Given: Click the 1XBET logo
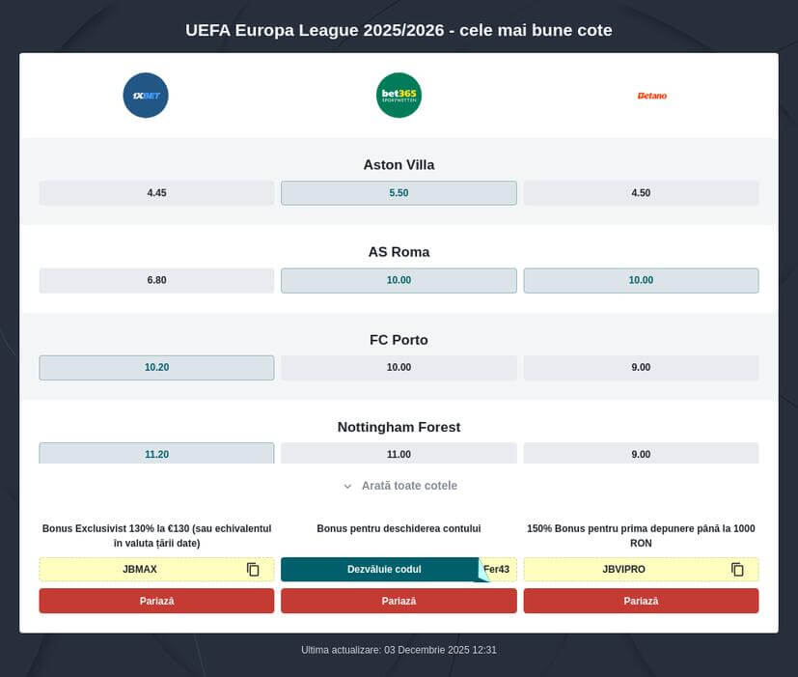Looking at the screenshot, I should tap(146, 96).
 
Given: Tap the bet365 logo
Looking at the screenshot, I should tap(399, 96).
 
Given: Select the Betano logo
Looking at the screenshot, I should tap(651, 96).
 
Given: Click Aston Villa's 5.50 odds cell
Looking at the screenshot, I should tap(399, 193).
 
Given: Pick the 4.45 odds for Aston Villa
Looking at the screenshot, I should tap(156, 193).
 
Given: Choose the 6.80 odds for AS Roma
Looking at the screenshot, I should tap(156, 280).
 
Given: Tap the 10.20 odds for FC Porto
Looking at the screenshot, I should tap(156, 368).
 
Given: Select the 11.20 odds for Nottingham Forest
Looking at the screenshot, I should tap(156, 454).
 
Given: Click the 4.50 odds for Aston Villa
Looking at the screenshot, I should tap(641, 193).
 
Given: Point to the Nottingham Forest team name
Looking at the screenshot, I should tap(399, 427).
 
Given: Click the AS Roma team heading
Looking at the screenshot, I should tap(399, 252).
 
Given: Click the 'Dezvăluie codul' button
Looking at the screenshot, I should tap(384, 570).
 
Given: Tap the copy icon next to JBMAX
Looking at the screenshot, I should tap(253, 570).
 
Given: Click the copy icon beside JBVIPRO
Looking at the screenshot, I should tap(737, 570).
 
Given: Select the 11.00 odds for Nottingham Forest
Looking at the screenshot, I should tap(399, 454).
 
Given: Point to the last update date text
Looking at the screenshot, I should tap(399, 650).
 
